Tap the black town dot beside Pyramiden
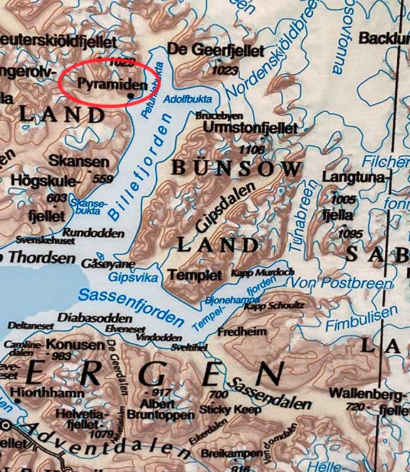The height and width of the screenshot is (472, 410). tap(130, 94)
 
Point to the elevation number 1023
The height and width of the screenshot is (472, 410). tap(224, 70)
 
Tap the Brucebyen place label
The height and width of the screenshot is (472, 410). tap(219, 115)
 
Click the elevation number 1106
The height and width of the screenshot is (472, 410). tap(252, 150)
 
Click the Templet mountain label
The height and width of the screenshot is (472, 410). tap(191, 274)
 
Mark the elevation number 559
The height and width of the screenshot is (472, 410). tap(103, 178)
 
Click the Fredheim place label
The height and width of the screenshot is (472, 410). tap(242, 332)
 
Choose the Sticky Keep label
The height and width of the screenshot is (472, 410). tap(231, 409)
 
